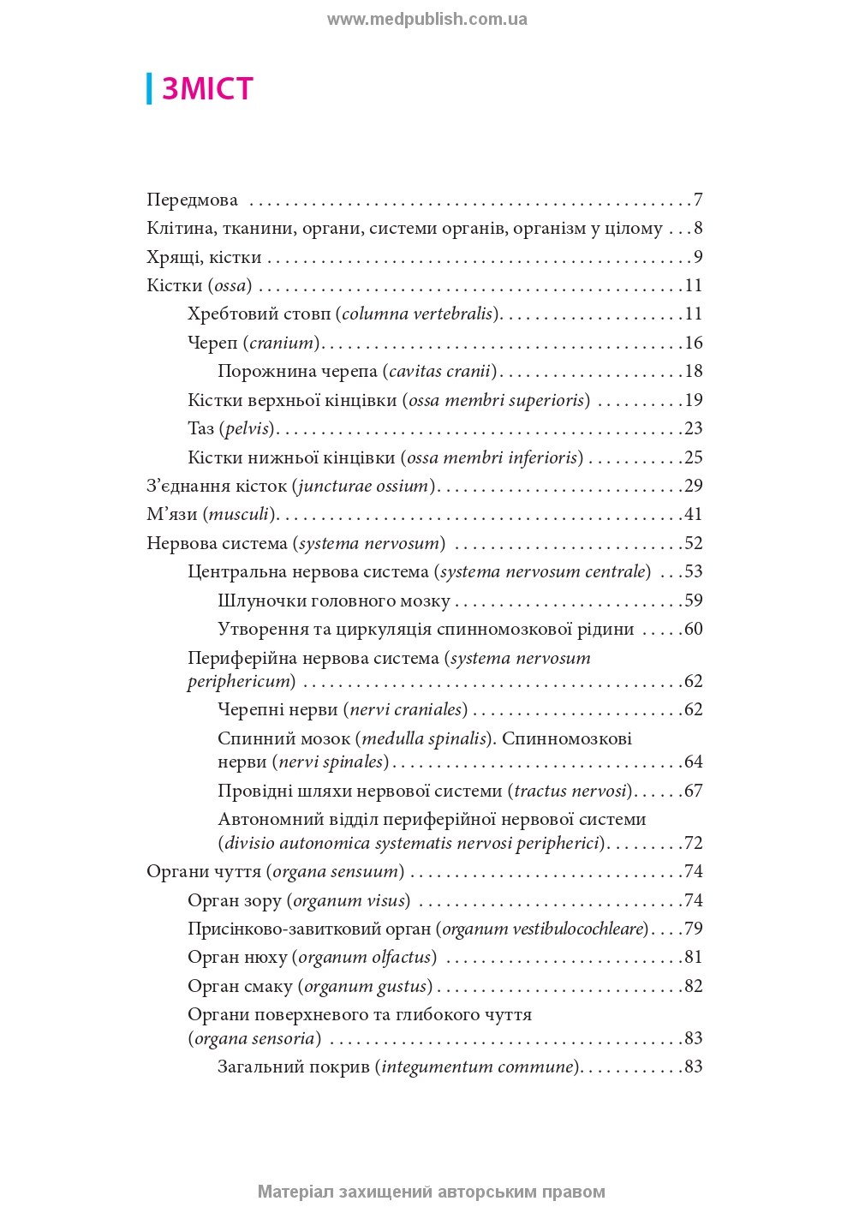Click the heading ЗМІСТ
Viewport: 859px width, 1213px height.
(207, 89)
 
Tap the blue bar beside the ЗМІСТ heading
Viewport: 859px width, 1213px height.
(149, 89)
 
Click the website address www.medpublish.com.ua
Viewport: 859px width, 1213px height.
(427, 19)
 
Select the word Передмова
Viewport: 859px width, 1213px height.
(192, 200)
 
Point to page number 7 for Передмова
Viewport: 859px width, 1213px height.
(698, 200)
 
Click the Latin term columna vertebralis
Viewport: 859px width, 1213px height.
(417, 314)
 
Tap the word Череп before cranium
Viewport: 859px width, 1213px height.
(212, 343)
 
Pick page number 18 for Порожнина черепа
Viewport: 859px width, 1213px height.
(693, 371)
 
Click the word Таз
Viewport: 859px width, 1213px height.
(200, 428)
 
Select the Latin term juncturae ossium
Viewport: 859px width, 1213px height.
(363, 486)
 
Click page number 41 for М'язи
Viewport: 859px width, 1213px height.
(693, 514)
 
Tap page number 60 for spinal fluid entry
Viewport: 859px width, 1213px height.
(693, 629)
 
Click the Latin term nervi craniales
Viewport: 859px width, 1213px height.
(407, 709)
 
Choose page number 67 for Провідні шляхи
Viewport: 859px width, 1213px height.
(693, 791)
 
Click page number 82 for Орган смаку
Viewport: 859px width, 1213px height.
(693, 986)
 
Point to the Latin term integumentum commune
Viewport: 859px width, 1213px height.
(477, 1067)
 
